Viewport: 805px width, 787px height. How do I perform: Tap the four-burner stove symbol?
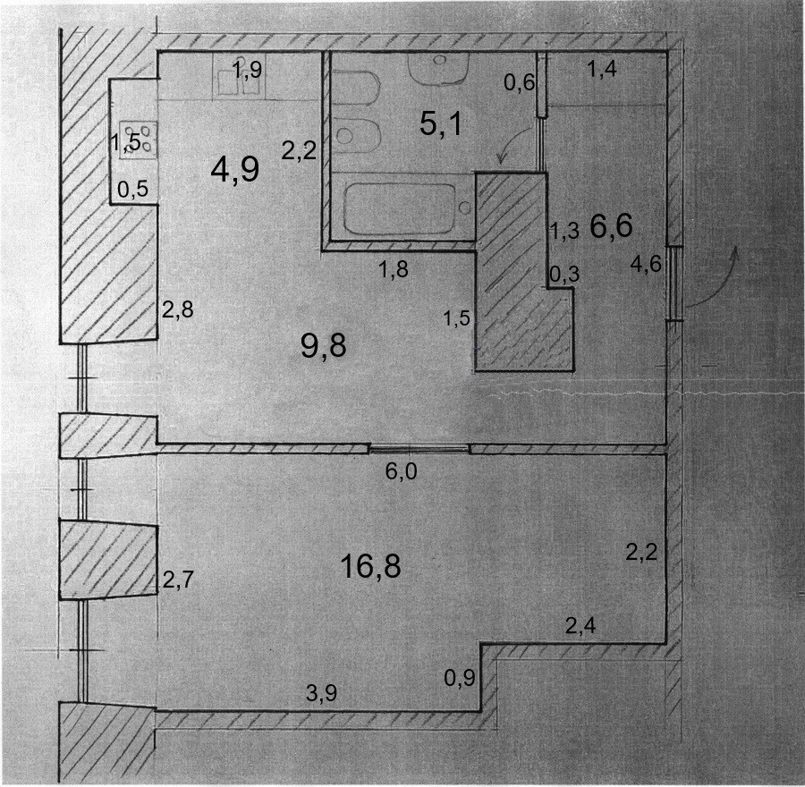tap(139, 139)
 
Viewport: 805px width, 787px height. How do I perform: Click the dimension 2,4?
tap(581, 626)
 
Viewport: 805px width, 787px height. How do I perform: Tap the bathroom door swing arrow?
tap(510, 148)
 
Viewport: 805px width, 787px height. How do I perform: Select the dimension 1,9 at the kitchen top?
tap(247, 71)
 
